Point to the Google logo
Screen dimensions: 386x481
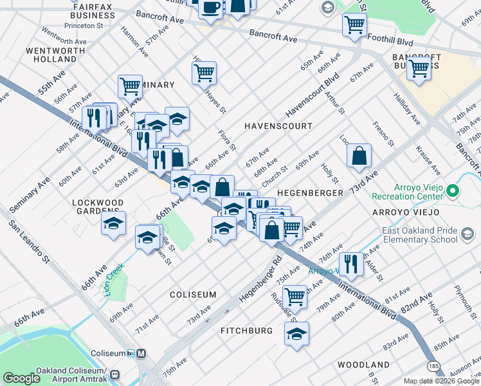click(21, 378)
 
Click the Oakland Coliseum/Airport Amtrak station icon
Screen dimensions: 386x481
click(115, 374)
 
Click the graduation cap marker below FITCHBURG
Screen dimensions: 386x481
click(296, 333)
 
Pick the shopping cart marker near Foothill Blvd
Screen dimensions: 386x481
click(354, 25)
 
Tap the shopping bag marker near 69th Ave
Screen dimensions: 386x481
click(359, 155)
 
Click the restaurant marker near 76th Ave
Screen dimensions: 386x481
click(351, 263)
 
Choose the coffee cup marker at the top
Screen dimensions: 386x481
click(210, 8)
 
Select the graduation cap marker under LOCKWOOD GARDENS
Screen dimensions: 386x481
click(114, 223)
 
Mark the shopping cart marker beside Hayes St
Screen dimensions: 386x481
click(204, 73)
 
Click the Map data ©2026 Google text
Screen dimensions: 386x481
click(441, 381)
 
